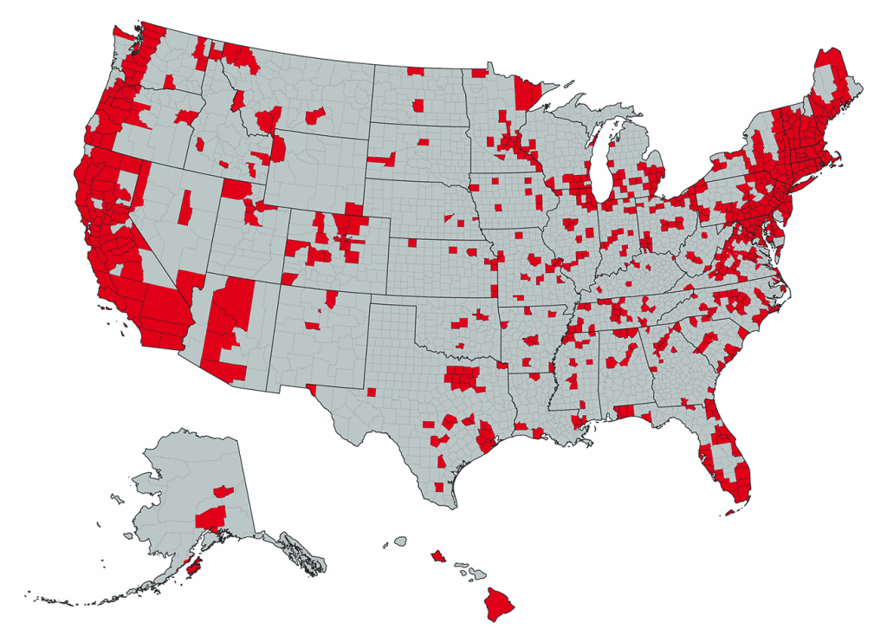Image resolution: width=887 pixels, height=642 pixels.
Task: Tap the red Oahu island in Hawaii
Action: [437, 554]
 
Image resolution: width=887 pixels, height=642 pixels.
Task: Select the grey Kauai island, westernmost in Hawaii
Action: [400, 541]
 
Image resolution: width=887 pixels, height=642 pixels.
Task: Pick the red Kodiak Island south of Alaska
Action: [195, 567]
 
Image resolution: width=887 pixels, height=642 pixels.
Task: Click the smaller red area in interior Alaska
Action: [223, 491]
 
